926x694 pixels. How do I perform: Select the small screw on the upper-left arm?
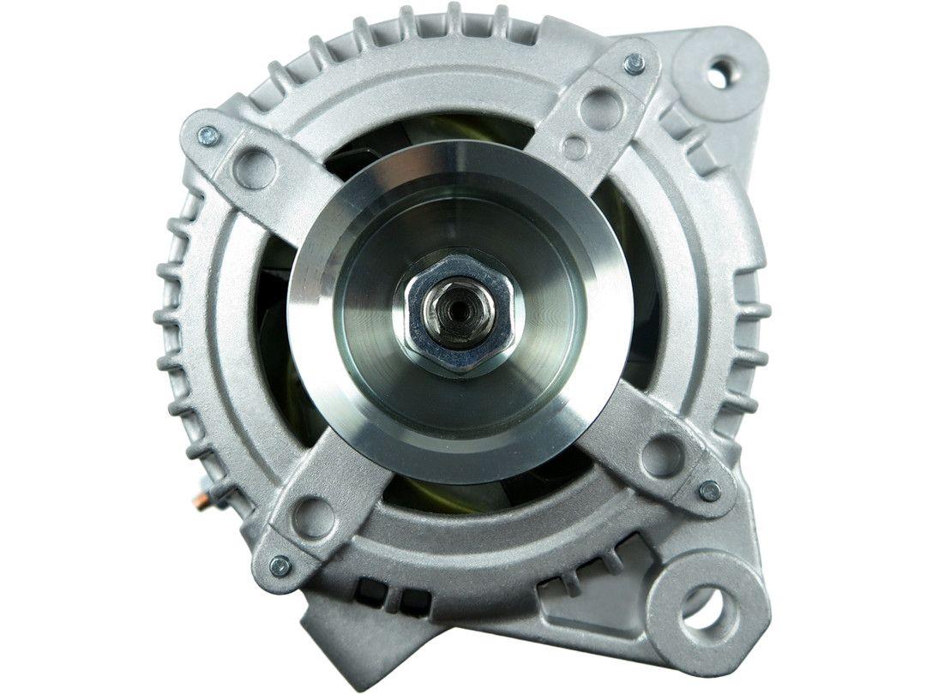(208, 135)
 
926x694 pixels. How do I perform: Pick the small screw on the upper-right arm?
(634, 63)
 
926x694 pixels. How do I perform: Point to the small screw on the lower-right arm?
(709, 491)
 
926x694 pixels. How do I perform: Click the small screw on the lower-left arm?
(280, 565)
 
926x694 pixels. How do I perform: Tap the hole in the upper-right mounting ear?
(716, 72)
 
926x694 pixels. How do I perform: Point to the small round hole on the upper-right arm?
(575, 147)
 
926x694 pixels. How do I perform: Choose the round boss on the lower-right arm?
(662, 455)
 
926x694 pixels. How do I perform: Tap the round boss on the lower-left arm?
(314, 518)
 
